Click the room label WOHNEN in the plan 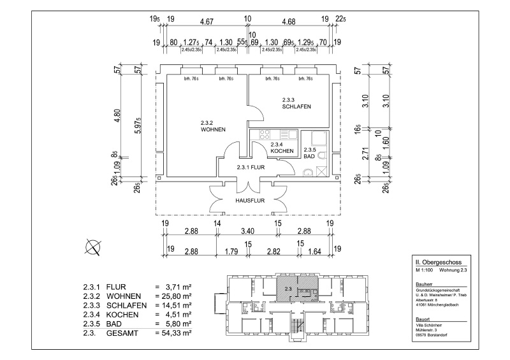click(212, 129)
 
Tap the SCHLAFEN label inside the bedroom click(296, 106)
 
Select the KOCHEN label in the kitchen click(282, 151)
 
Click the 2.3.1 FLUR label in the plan click(250, 167)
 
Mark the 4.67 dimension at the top click(207, 21)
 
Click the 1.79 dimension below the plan click(232, 252)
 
